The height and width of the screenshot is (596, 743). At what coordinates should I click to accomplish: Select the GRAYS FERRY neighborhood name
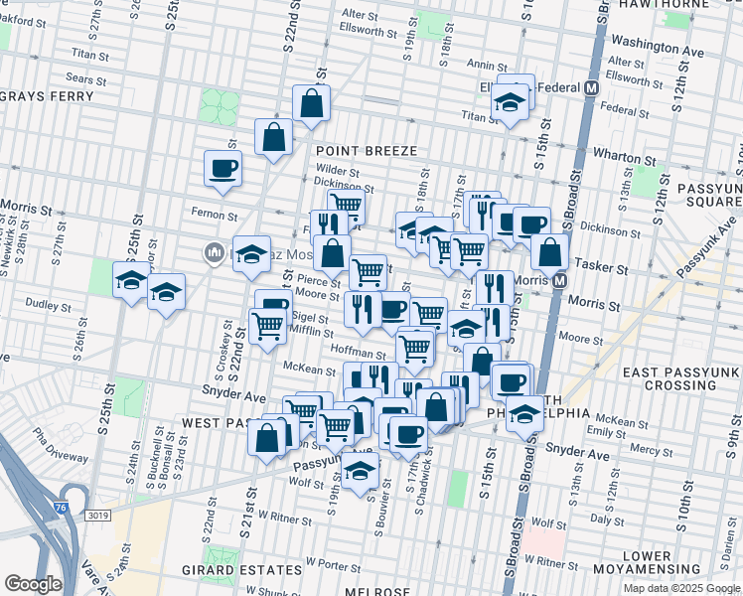click(47, 96)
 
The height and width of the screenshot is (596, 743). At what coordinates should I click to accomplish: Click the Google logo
click(33, 584)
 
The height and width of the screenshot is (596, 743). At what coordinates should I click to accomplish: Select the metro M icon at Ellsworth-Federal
click(592, 87)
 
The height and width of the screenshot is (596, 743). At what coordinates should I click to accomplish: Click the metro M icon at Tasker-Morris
click(559, 281)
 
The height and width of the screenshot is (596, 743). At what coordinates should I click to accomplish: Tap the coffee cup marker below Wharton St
click(223, 166)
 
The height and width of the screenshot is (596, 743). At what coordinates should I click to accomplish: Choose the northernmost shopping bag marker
click(311, 103)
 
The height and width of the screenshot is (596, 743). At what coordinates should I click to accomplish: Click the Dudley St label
click(45, 305)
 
